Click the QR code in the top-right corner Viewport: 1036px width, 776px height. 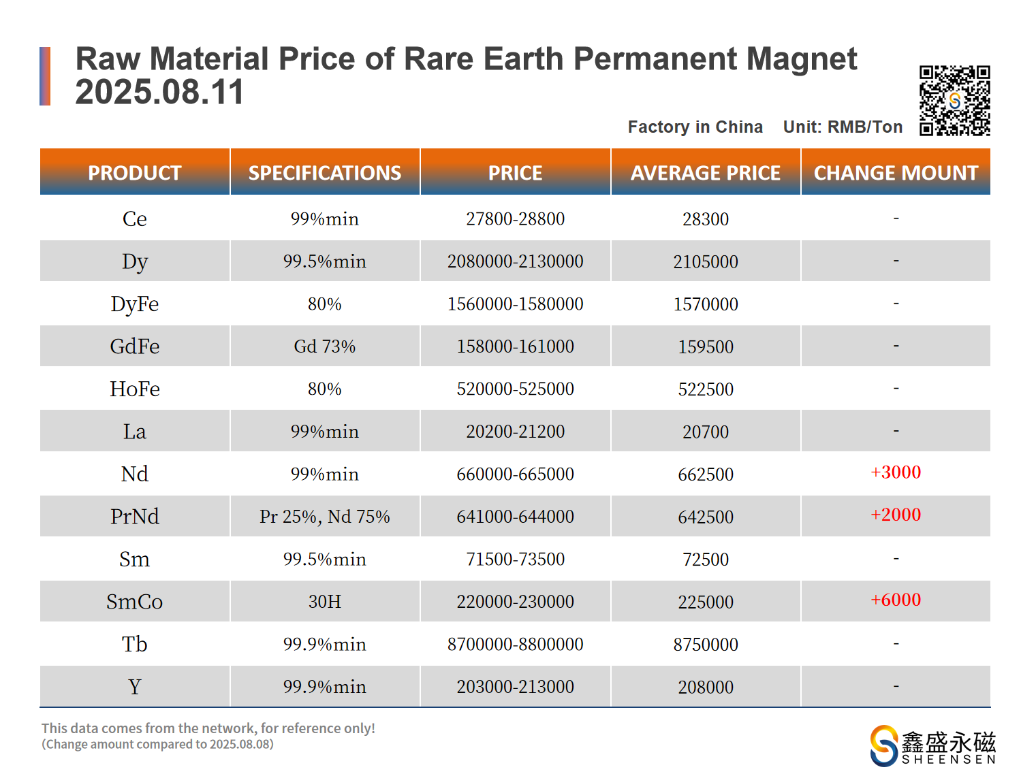pyautogui.click(x=954, y=101)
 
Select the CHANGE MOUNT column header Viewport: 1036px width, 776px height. pyautogui.click(x=896, y=173)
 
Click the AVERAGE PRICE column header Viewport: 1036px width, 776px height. pyautogui.click(x=705, y=173)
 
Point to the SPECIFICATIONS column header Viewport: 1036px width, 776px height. pyautogui.click(x=325, y=173)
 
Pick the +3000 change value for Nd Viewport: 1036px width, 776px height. pyautogui.click(x=896, y=472)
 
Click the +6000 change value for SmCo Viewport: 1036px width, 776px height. pyautogui.click(x=896, y=600)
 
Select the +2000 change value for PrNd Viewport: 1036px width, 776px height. pyautogui.click(x=896, y=515)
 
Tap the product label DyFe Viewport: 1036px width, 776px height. pyautogui.click(x=135, y=304)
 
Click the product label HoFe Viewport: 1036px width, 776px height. pyautogui.click(x=135, y=389)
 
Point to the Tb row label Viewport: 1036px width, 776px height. pyautogui.click(x=135, y=644)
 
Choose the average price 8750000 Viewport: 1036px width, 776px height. pyautogui.click(x=706, y=645)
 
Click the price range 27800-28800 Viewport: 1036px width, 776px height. pyautogui.click(x=515, y=219)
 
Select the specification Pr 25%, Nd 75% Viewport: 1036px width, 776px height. pyautogui.click(x=325, y=517)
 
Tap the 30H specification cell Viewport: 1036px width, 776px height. pyautogui.click(x=325, y=602)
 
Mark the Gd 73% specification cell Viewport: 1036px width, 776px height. pyautogui.click(x=325, y=346)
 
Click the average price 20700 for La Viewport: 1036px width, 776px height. pyautogui.click(x=706, y=432)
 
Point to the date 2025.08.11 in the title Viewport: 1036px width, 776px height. pyautogui.click(x=159, y=92)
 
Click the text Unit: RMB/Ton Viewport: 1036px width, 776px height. pyautogui.click(x=843, y=127)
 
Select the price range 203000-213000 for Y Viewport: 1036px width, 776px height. pyautogui.click(x=515, y=687)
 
